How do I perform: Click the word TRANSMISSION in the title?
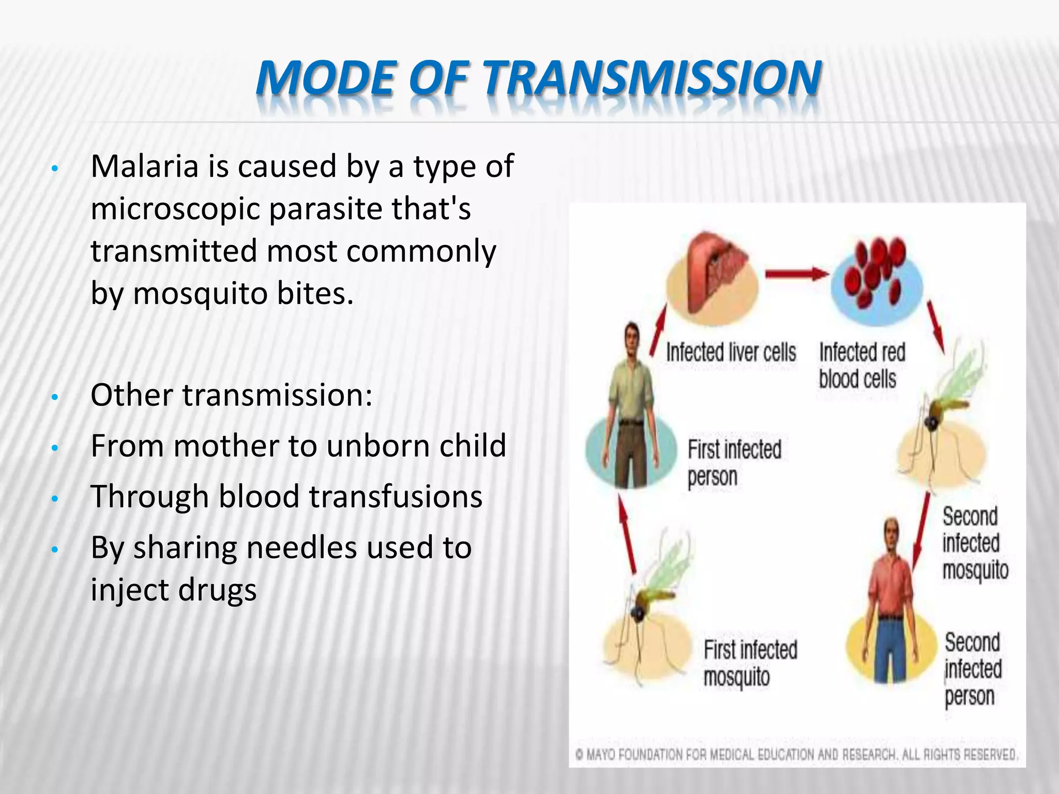pyautogui.click(x=653, y=79)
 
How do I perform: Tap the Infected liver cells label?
pyautogui.click(x=731, y=353)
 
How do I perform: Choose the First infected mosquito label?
pyautogui.click(x=750, y=663)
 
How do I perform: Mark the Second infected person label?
pyautogui.click(x=972, y=669)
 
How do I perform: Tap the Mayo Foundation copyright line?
pyautogui.click(x=796, y=755)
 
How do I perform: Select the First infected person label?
pyautogui.click(x=733, y=463)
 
